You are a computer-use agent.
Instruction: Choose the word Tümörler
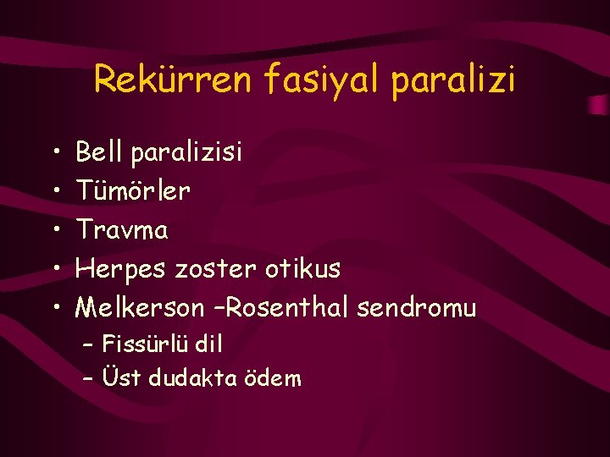133,191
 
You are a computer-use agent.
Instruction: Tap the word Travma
122,230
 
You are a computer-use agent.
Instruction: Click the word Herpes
122,270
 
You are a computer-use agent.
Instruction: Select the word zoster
216,270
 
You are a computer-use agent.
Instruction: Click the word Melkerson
140,308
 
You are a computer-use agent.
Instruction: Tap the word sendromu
417,309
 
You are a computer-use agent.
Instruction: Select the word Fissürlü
146,344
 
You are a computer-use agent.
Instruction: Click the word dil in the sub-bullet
208,344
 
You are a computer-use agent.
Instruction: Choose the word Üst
120,377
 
